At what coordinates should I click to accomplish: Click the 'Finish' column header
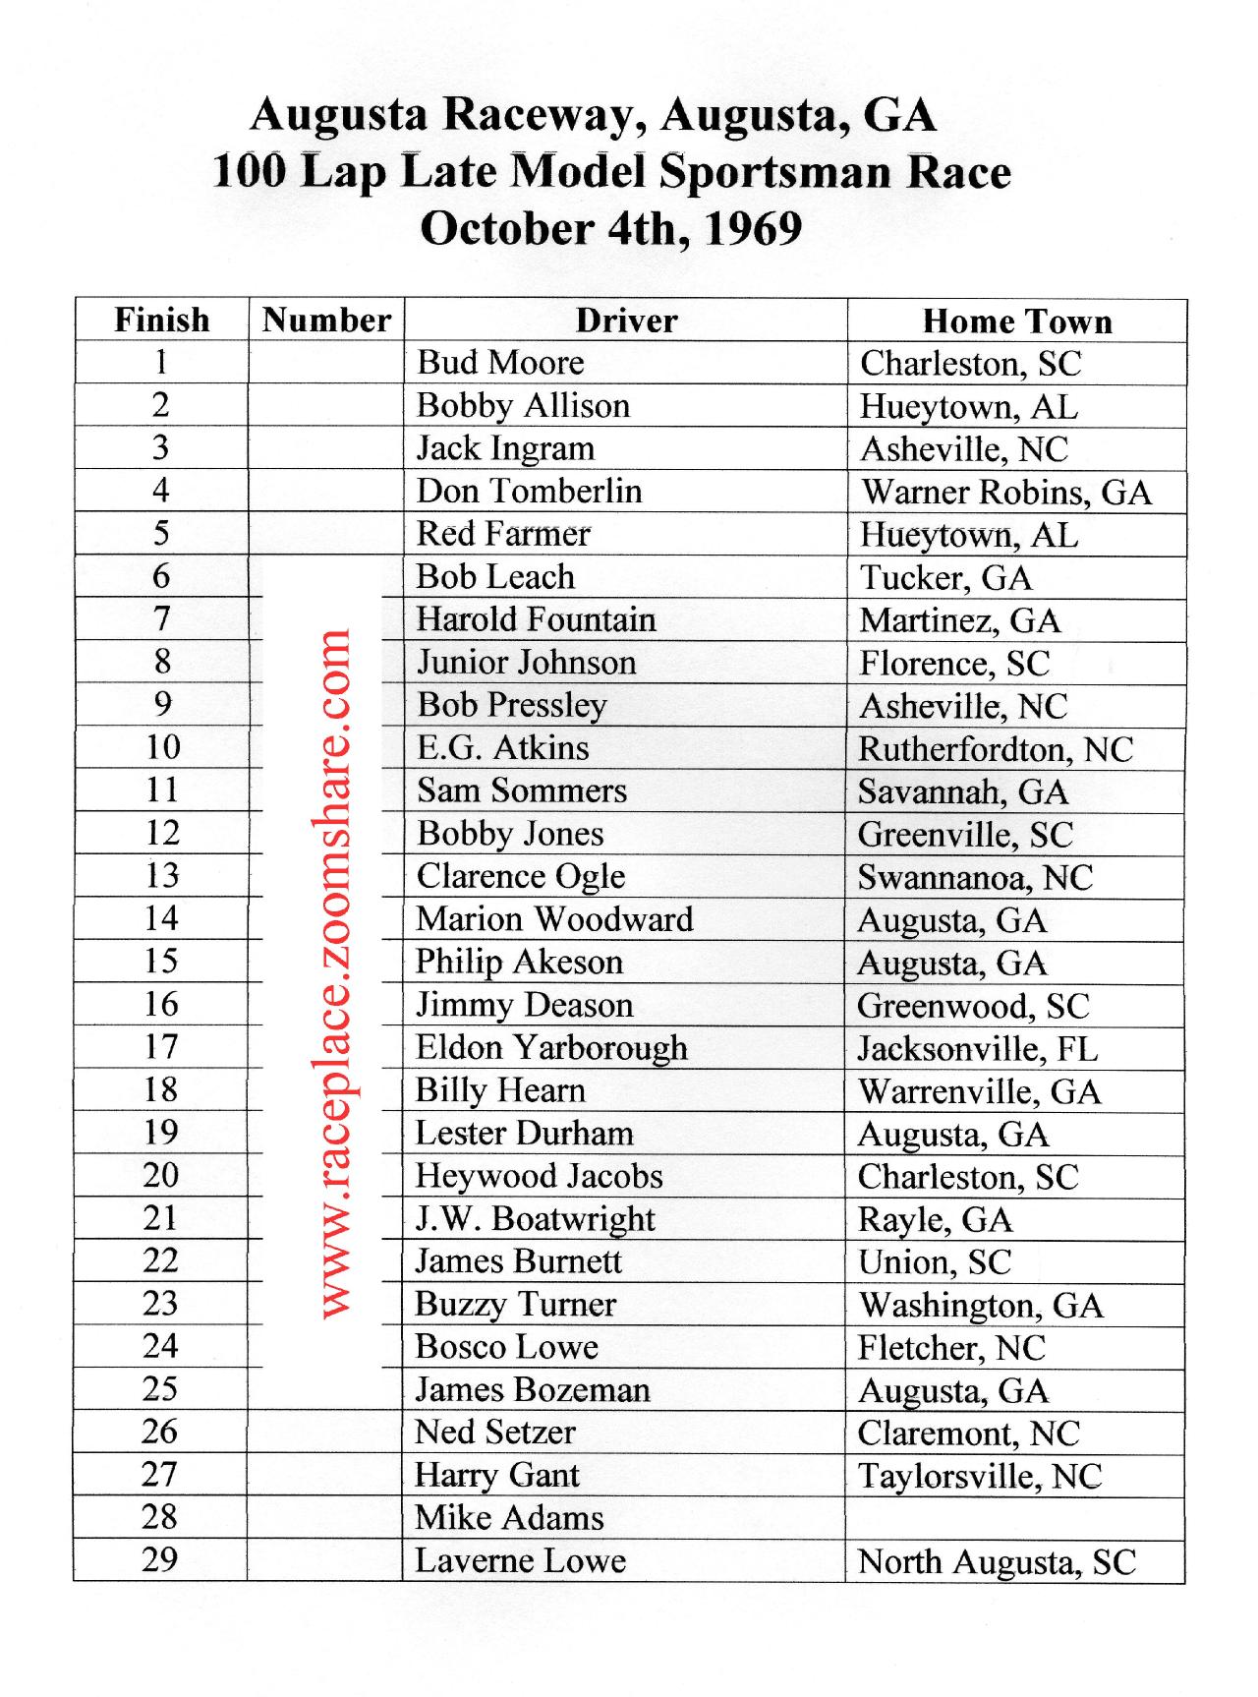pos(162,321)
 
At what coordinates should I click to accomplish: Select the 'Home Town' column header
pos(1017,322)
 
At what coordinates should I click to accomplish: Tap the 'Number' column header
pos(326,321)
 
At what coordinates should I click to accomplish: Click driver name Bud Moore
pos(500,363)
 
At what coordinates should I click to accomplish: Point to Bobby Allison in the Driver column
pos(523,406)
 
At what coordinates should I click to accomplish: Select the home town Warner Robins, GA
pos(1005,492)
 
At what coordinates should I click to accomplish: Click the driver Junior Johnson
pos(527,663)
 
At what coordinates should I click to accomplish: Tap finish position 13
pos(162,876)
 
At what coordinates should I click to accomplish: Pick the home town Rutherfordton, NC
pos(996,749)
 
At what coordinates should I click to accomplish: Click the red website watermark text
pos(335,973)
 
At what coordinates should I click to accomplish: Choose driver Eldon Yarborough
pos(551,1048)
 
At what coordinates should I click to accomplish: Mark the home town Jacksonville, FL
pos(978,1049)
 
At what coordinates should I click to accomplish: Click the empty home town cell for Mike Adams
pos(1015,1518)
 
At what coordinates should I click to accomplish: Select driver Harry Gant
pos(497,1476)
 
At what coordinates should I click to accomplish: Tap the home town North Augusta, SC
pos(997,1562)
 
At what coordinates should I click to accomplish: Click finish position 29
pos(160,1560)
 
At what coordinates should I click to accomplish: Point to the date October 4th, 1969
pos(610,229)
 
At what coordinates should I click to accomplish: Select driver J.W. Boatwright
pos(535,1219)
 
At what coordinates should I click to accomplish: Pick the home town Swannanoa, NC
pos(975,878)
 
